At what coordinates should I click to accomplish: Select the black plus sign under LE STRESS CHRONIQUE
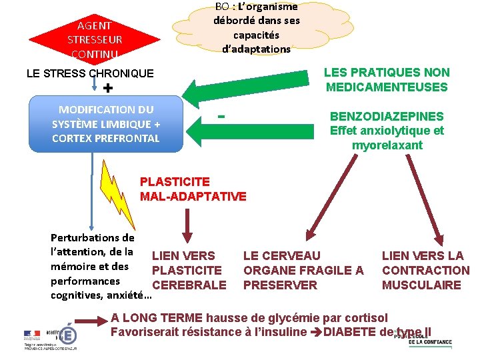point(109,89)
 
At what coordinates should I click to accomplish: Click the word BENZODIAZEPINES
point(387,116)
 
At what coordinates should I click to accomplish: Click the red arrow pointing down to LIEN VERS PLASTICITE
point(188,229)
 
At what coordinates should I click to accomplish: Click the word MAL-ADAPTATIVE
point(193,196)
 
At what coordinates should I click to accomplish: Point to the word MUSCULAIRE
point(421,285)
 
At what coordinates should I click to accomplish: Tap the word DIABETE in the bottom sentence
point(353,332)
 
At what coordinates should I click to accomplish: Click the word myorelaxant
point(387,145)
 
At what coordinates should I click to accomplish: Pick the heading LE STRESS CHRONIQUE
point(90,73)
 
